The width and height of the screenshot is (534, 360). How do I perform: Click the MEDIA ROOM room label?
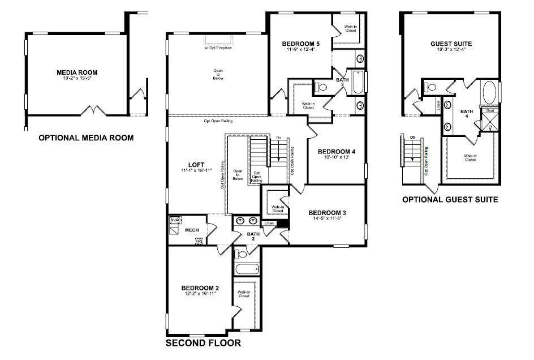(x=77, y=72)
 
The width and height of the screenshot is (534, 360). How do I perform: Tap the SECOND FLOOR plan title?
(x=203, y=343)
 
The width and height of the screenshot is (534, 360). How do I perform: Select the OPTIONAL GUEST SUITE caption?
(x=450, y=199)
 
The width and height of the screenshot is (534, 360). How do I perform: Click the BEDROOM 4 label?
(x=337, y=152)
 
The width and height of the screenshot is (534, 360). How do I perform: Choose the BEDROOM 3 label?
(x=327, y=213)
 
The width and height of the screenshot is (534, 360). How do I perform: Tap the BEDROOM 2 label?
(x=200, y=288)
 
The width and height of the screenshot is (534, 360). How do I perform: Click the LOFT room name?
(x=196, y=165)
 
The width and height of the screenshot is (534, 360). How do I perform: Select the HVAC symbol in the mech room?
(x=176, y=220)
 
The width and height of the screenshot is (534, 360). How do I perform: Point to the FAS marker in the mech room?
(x=199, y=241)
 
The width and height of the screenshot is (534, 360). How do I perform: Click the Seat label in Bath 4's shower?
(x=490, y=111)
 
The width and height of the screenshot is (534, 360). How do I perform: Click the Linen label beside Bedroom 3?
(x=269, y=223)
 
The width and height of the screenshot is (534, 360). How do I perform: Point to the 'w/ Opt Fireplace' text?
(x=218, y=48)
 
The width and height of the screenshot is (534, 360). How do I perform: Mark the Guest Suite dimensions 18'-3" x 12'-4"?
(x=451, y=50)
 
